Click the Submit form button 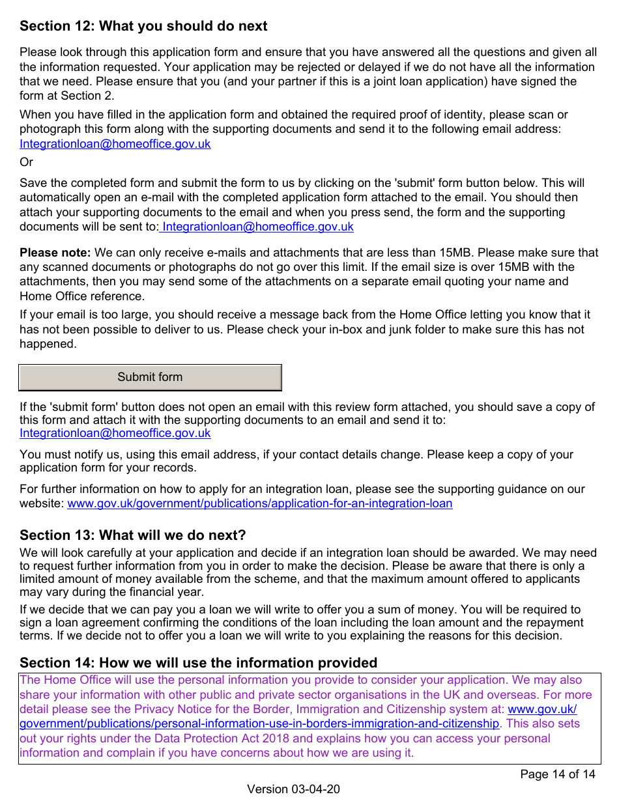(x=150, y=377)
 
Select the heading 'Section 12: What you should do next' (x=143, y=26)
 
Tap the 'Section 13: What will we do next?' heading (x=133, y=535)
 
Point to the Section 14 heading (x=198, y=663)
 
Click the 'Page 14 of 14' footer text (x=557, y=774)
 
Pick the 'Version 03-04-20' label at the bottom (x=293, y=789)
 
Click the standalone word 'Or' (x=26, y=162)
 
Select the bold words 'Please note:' (x=55, y=253)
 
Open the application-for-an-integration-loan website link (x=260, y=503)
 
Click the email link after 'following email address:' (x=115, y=144)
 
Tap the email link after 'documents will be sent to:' (x=258, y=227)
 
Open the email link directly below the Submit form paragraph (x=115, y=433)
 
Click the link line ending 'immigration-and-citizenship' (x=259, y=724)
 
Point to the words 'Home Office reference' (x=72, y=296)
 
